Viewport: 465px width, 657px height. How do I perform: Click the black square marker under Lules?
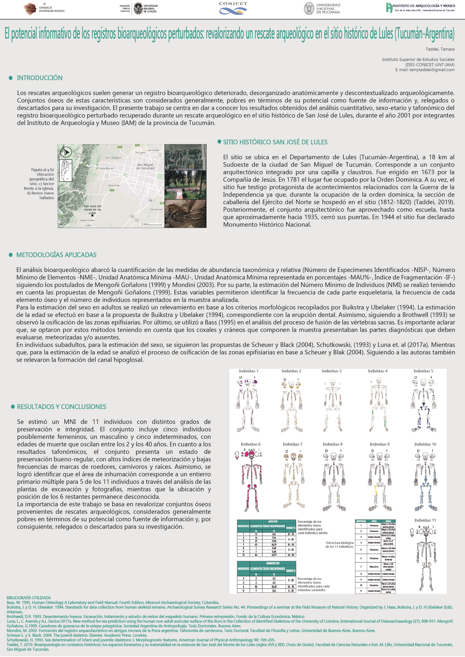(92, 215)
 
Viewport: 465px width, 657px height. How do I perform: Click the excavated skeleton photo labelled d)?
(185, 214)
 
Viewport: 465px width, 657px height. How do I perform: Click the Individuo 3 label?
(331, 371)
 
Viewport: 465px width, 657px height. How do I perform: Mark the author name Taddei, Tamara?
(440, 49)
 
